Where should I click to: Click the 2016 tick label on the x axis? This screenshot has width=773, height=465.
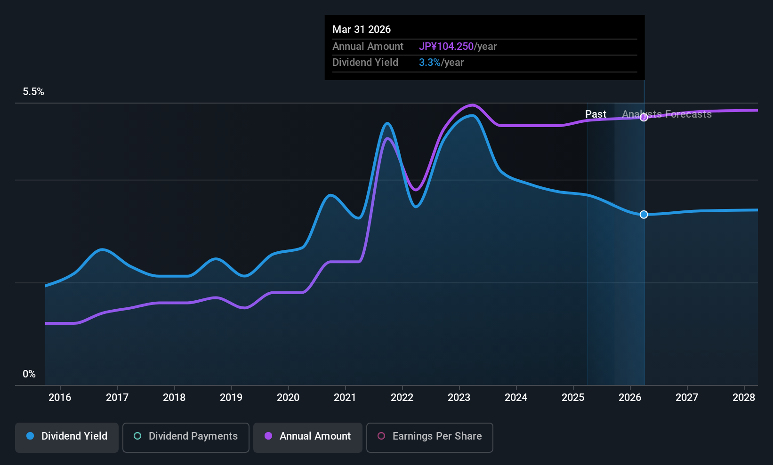[60, 398]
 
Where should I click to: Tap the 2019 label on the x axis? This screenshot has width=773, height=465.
[231, 398]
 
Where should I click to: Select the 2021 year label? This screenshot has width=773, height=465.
[345, 398]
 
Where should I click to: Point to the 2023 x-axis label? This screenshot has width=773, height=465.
[459, 398]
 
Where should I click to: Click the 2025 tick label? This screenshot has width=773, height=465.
[573, 398]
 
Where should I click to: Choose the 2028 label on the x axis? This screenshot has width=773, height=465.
[744, 398]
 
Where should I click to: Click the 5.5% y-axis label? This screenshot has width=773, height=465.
[33, 92]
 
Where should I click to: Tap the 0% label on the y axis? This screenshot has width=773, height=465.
[29, 374]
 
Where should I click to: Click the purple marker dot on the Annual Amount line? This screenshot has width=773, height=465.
[644, 118]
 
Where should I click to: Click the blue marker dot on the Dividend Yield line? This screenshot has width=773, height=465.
[644, 215]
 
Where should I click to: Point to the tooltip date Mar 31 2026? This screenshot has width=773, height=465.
[362, 29]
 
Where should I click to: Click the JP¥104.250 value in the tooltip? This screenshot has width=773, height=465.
[446, 47]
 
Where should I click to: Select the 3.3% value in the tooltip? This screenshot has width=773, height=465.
[430, 63]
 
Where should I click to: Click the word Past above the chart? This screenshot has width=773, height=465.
[596, 114]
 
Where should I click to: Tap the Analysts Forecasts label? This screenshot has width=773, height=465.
[667, 114]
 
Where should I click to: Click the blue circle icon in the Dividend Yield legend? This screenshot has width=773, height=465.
[30, 436]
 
